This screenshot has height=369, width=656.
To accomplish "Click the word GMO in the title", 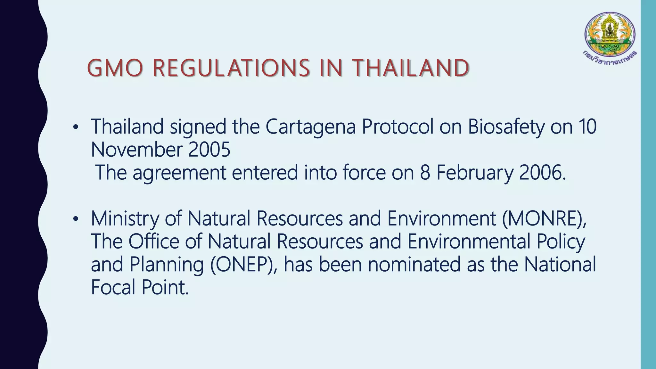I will [115, 68].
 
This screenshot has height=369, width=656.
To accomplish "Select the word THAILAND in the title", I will [411, 68].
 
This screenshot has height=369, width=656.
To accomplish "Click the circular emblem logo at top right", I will [610, 34].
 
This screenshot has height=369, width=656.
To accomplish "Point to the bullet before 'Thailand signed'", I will [76, 127].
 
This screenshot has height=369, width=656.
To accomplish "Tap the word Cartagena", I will [310, 127].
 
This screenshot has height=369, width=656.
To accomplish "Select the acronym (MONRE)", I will [544, 219].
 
